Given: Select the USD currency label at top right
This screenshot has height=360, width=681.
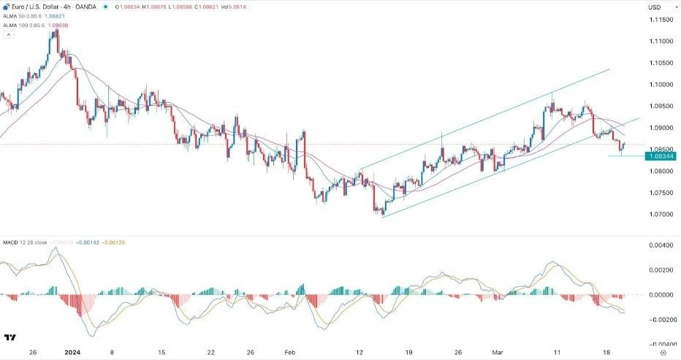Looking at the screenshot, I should pos(655,7).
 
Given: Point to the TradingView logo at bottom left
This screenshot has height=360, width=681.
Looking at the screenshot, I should pos(10,337).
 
